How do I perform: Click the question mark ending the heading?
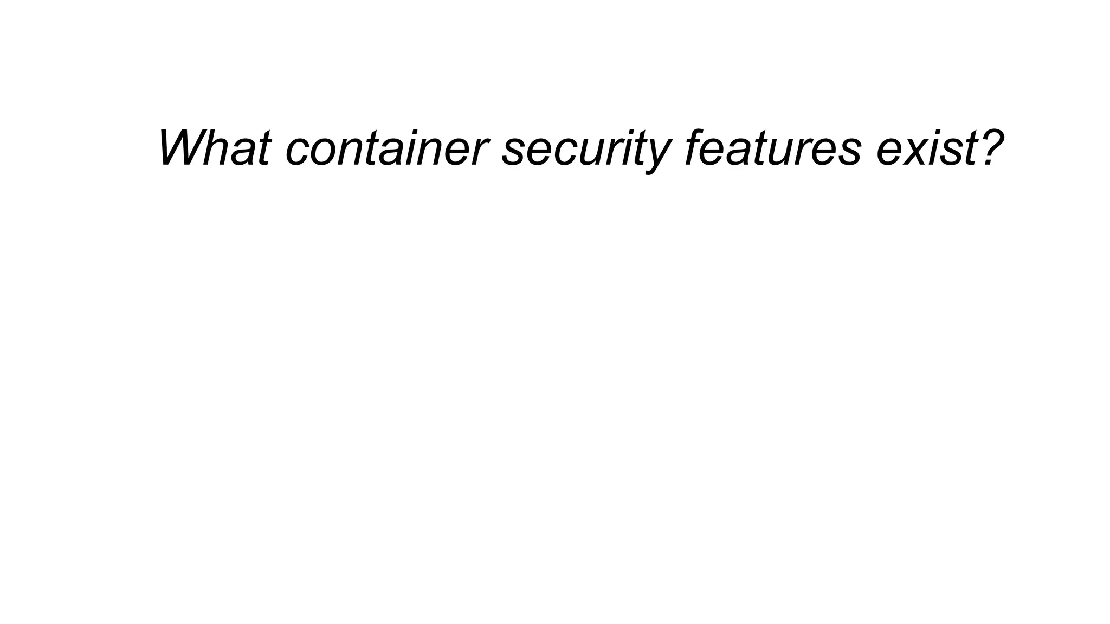click(x=988, y=147)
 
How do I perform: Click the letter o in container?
click(x=320, y=152)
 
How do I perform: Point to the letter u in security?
click(x=585, y=152)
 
